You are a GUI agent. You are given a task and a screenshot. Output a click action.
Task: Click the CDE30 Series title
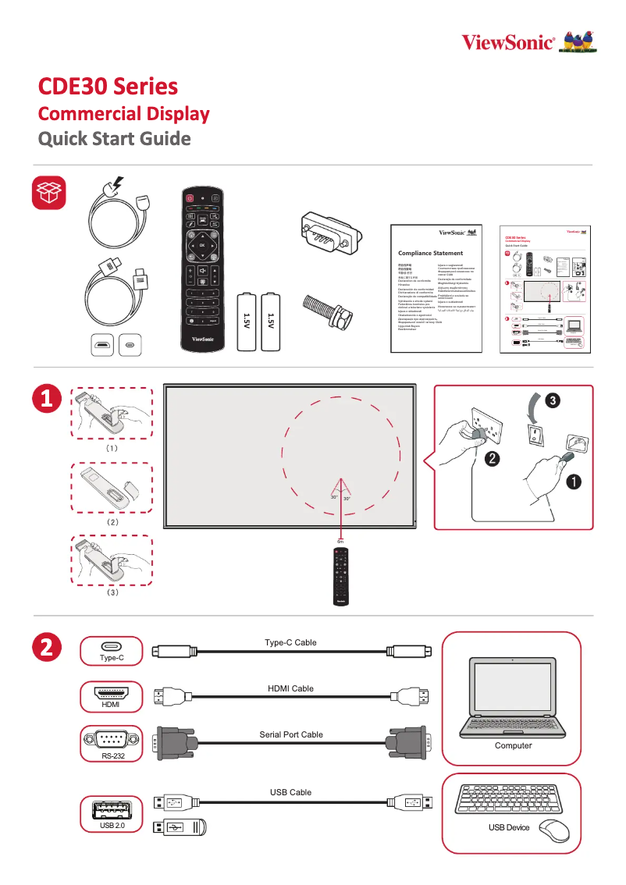[x=108, y=86]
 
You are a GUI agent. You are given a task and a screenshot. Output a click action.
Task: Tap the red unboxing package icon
[x=48, y=193]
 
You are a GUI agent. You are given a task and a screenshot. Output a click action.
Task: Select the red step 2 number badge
[x=47, y=648]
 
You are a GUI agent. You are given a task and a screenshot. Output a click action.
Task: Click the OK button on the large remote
[x=201, y=245]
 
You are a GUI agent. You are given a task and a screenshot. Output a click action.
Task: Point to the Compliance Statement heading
[x=430, y=253]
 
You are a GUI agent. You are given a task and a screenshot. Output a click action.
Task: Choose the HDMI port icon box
[x=112, y=696]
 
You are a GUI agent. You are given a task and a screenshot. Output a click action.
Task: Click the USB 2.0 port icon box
[x=112, y=814]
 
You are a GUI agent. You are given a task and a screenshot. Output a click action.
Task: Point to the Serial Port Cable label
[x=290, y=734]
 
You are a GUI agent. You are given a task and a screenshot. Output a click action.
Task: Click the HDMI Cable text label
[x=290, y=688]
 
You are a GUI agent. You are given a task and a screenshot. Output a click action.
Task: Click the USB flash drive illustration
[x=181, y=827]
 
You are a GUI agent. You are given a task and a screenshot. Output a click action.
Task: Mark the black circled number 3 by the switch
[x=551, y=401]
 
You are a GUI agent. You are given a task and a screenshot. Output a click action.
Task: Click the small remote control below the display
[x=340, y=575]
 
